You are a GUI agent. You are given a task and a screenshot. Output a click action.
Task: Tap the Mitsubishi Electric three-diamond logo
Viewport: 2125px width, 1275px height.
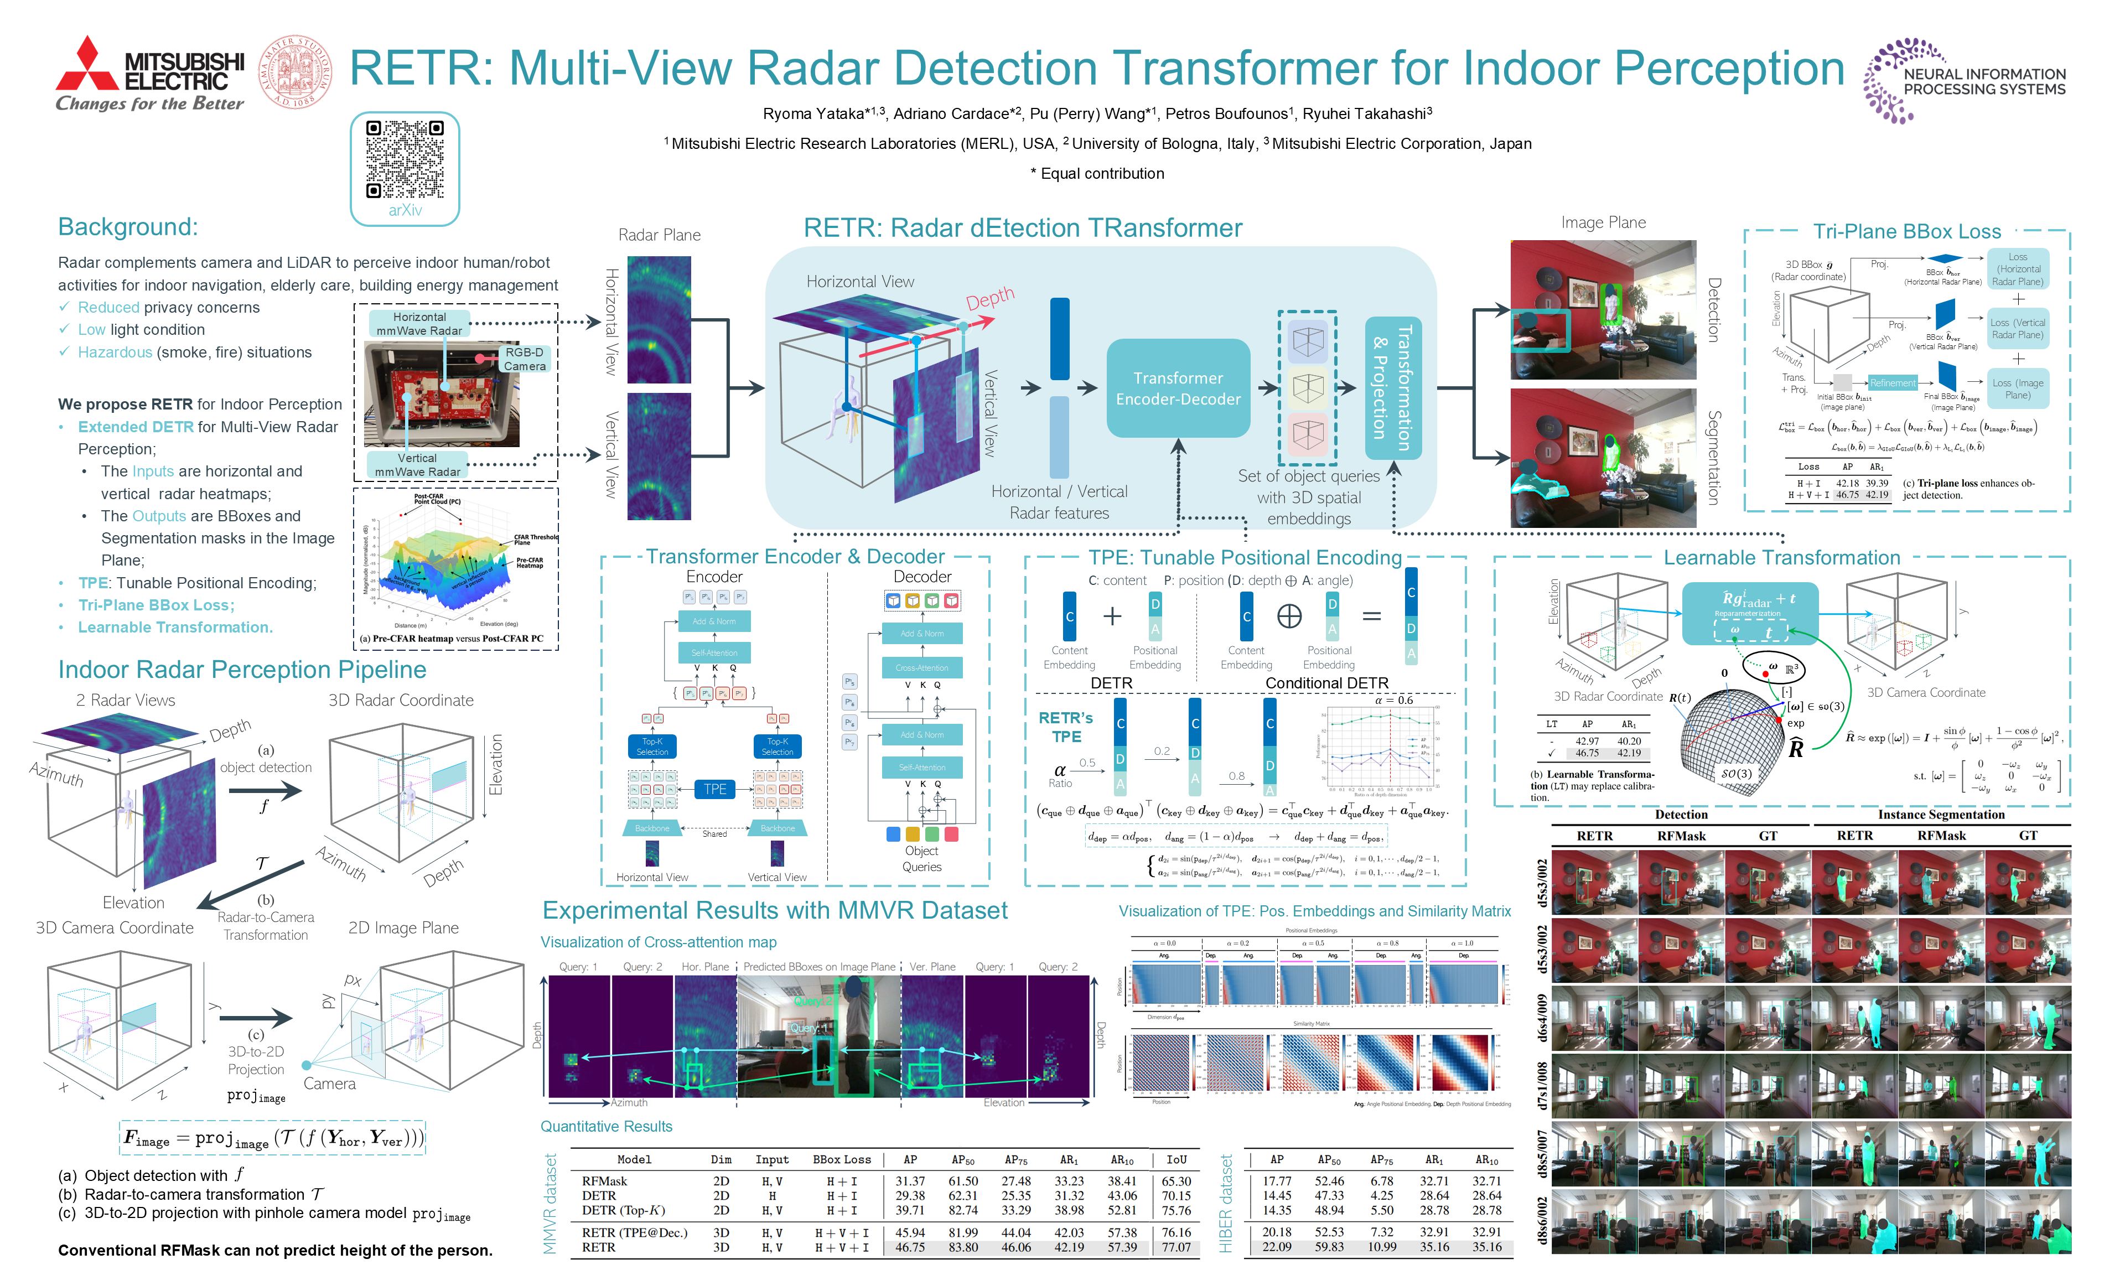click(x=87, y=64)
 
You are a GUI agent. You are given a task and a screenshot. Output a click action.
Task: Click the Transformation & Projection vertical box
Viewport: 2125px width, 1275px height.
click(x=1392, y=387)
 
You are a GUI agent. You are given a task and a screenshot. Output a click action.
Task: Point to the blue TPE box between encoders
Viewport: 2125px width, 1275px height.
click(x=714, y=789)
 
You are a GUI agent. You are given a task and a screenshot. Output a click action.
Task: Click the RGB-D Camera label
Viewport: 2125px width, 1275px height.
click(x=524, y=359)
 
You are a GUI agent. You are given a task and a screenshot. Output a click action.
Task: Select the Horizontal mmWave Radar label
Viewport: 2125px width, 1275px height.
click(x=419, y=324)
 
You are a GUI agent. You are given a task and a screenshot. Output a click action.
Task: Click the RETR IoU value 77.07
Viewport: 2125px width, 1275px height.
click(x=1176, y=1247)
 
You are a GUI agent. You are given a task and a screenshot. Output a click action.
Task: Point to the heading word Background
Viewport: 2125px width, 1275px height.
click(x=127, y=227)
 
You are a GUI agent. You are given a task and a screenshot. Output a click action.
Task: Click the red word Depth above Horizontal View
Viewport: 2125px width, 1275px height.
click(x=989, y=299)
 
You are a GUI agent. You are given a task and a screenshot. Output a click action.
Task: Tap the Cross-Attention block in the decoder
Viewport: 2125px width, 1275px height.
click(x=921, y=667)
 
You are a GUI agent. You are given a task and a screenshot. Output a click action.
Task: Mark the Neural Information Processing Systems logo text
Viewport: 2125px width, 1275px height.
click(x=1983, y=81)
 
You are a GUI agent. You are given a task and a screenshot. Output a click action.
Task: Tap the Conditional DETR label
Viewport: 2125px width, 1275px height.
click(x=1326, y=683)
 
